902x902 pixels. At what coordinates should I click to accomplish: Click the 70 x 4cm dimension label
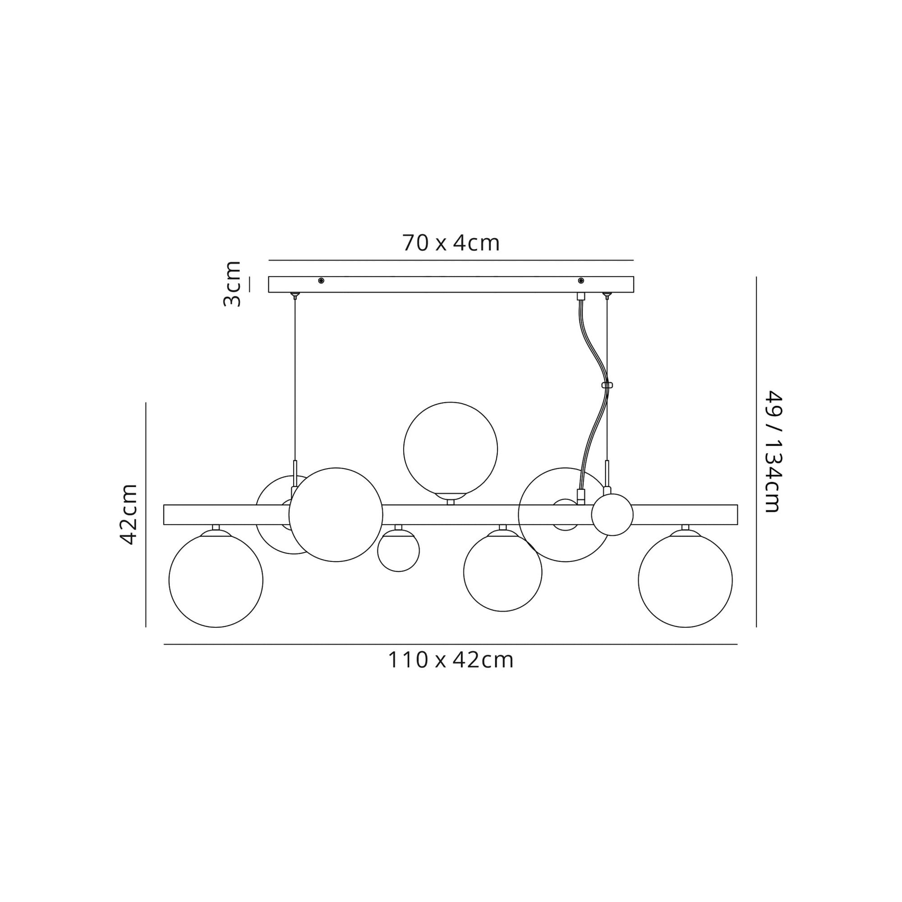(x=451, y=243)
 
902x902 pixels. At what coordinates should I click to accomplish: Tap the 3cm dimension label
(x=232, y=284)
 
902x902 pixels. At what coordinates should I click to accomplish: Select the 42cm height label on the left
(x=129, y=515)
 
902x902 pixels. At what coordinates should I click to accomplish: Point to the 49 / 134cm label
(x=773, y=451)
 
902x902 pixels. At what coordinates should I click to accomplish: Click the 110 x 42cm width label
(x=451, y=660)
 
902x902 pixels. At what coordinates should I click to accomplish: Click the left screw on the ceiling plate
(x=321, y=280)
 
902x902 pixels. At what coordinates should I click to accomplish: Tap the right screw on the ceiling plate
(x=581, y=280)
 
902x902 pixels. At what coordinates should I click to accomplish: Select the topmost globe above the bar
(x=451, y=449)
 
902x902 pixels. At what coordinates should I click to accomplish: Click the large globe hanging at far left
(x=216, y=580)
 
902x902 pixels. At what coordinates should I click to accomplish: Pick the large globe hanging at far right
(x=686, y=580)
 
